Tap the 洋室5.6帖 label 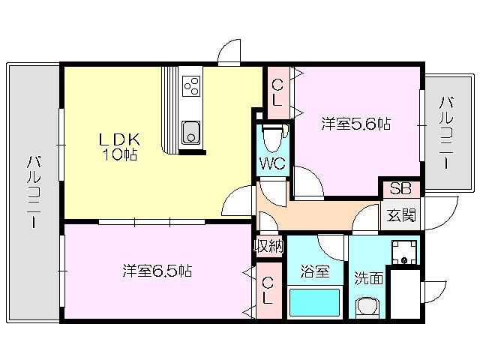click(x=356, y=123)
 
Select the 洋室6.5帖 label click(x=157, y=271)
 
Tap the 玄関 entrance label click(x=400, y=215)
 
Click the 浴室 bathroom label click(x=316, y=271)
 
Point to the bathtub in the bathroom click(x=314, y=302)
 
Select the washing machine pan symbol click(x=406, y=250)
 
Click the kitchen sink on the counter click(x=191, y=134)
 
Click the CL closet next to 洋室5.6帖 click(x=277, y=94)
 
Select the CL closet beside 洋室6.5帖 click(x=268, y=289)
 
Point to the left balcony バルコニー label click(x=34, y=191)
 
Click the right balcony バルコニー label click(x=446, y=132)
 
